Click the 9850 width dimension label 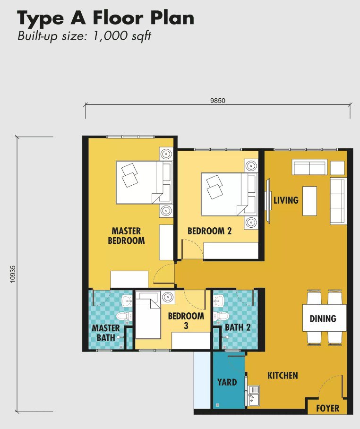218,101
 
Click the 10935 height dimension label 13,274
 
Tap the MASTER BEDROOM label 126,236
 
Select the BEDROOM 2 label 210,231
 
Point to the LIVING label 286,200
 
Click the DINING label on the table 323,318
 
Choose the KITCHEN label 283,375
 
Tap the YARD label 227,382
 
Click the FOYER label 327,409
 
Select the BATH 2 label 238,327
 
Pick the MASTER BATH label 106,333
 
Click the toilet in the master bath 124,317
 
